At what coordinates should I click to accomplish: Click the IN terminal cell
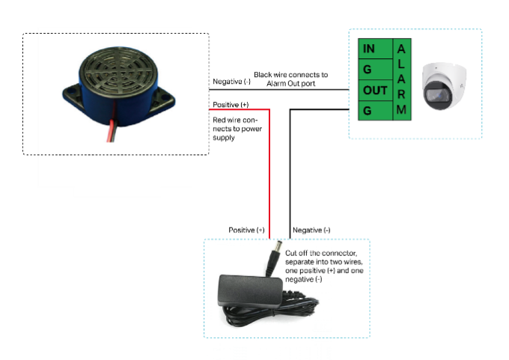369,49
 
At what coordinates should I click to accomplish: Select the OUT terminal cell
375,91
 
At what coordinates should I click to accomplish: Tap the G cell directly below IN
368,70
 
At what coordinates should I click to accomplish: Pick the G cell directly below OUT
368,111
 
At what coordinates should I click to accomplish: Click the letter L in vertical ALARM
402,64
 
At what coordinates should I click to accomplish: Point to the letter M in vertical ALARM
402,109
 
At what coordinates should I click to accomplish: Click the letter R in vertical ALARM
402,94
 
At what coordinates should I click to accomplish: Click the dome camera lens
436,95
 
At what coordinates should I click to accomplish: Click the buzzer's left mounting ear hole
73,94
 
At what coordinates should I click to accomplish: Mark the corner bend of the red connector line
269,110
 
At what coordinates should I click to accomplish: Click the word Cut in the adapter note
293,253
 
